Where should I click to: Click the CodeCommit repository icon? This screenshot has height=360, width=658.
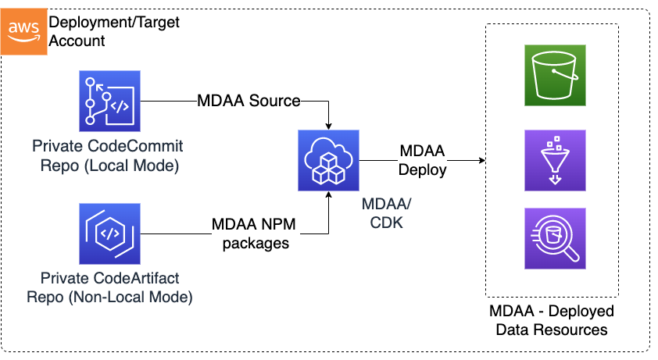(109, 101)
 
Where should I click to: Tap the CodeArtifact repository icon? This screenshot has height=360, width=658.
(109, 233)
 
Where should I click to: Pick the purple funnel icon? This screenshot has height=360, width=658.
(556, 161)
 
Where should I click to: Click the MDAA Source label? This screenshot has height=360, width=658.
(249, 101)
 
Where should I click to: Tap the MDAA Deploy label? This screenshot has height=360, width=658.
(423, 160)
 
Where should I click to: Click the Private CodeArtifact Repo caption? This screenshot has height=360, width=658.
(109, 288)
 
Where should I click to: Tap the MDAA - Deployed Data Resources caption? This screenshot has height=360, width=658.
(552, 320)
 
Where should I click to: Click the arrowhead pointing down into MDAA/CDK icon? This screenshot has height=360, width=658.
(328, 126)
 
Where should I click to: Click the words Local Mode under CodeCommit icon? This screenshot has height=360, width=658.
(139, 165)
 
